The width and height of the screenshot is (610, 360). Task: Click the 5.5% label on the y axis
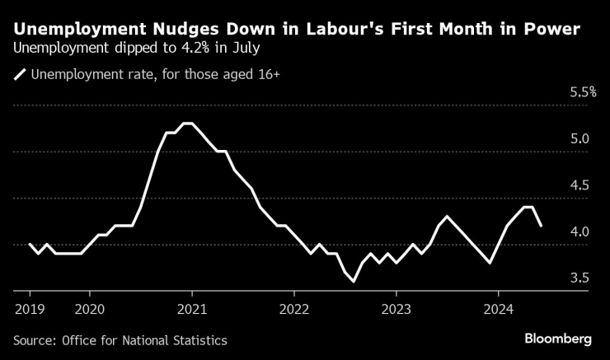pos(583,92)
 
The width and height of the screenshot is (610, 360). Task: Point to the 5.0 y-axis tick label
pos(579,138)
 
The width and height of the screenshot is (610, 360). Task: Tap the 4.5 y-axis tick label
pos(579,185)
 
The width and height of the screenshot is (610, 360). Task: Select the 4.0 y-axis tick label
pos(579,232)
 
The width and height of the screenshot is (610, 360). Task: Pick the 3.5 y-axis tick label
pos(579,278)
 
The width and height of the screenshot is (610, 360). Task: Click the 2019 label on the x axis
pos(30,310)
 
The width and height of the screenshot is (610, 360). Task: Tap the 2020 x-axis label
pos(90,310)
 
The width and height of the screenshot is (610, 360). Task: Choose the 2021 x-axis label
pos(192,310)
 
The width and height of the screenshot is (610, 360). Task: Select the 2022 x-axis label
pos(294,310)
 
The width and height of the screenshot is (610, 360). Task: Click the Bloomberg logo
pos(558,339)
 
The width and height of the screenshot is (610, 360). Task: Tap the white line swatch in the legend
pos(20,75)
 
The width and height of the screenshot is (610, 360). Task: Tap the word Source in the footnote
pos(34,339)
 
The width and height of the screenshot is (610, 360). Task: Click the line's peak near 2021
pos(187,124)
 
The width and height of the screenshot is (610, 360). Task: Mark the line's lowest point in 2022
pos(354,282)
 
